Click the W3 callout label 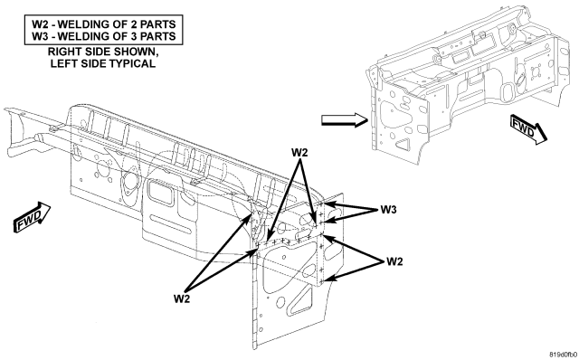[388, 210]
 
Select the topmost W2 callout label [299, 153]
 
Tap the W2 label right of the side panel [394, 261]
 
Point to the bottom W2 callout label [182, 298]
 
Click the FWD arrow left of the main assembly [33, 217]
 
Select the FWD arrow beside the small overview [528, 129]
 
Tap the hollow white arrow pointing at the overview [344, 120]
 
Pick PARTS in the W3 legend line [159, 36]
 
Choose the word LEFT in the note [62, 63]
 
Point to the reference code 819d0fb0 [563, 355]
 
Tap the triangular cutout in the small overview [403, 144]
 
